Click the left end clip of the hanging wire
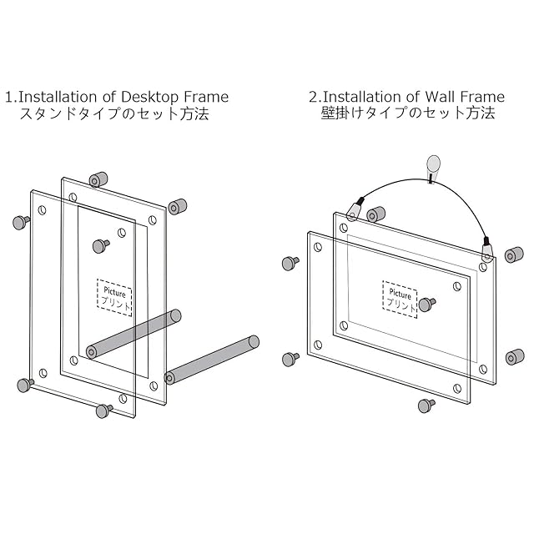point(356,205)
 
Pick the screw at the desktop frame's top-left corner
point(21,222)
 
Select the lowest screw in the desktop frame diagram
point(104,410)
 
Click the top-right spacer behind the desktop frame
point(176,207)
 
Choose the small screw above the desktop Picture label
point(101,245)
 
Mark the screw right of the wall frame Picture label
point(427,304)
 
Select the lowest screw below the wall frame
point(426,406)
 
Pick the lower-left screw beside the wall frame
point(291,359)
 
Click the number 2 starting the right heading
point(312,97)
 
